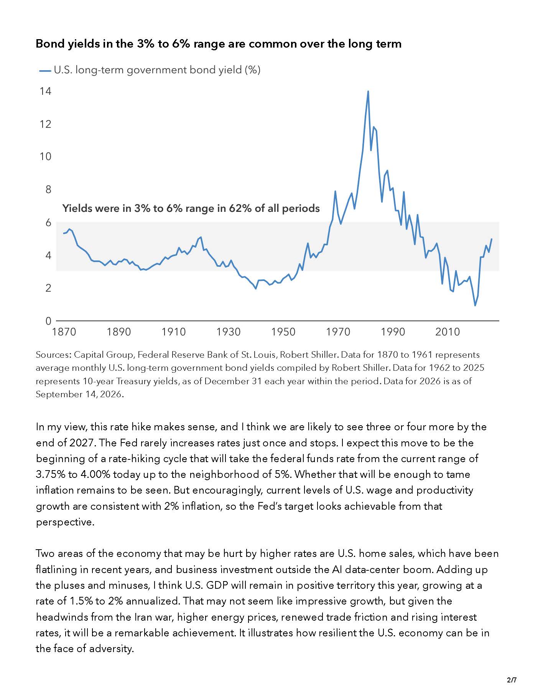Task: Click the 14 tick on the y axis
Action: click(45, 91)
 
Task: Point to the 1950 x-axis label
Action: click(283, 332)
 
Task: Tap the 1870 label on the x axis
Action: click(64, 332)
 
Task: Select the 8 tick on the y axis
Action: click(48, 189)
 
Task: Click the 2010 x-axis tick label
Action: click(448, 332)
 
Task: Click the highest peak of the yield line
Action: click(368, 91)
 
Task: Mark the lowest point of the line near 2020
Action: click(475, 306)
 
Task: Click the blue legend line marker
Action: click(45, 71)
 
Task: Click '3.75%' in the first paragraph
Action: click(51, 474)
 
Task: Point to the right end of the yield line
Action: click(492, 239)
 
